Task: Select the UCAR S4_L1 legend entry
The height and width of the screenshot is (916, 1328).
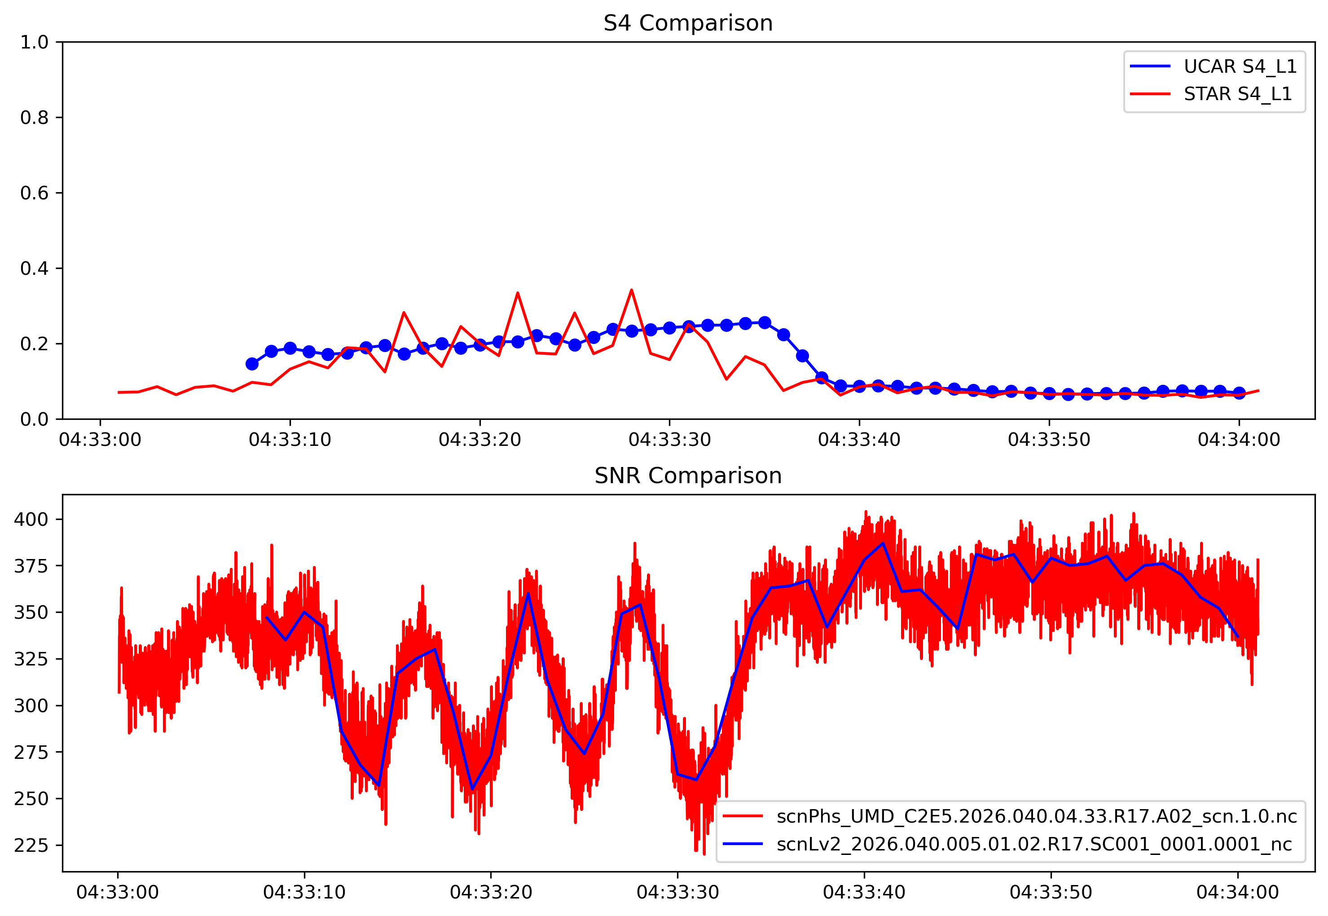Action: [1240, 66]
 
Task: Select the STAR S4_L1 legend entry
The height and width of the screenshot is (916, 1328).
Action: [1237, 93]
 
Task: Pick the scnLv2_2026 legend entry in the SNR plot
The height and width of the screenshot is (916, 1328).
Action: [1033, 844]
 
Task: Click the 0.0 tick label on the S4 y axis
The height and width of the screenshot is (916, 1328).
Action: [35, 419]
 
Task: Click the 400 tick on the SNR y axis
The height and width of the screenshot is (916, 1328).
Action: [31, 520]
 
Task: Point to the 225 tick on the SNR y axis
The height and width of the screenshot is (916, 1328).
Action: [31, 846]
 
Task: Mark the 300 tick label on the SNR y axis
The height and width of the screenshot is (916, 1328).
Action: [31, 705]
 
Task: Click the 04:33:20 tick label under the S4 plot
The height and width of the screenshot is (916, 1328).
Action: [480, 440]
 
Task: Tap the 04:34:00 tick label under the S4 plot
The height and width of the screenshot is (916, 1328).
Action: [1239, 440]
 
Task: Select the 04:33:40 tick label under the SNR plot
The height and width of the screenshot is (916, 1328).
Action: [864, 893]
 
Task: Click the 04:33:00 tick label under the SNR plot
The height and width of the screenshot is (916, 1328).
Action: [118, 893]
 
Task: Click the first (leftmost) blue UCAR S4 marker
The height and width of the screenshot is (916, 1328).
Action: [252, 364]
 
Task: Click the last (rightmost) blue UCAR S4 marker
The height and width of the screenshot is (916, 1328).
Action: [1239, 393]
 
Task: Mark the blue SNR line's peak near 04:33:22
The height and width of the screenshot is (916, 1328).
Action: [528, 594]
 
